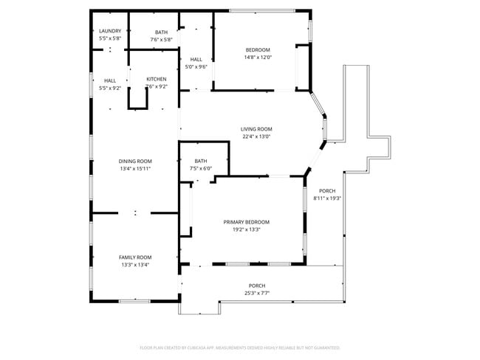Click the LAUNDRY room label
click(110, 31)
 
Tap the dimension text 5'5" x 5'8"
click(110, 38)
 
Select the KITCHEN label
click(156, 79)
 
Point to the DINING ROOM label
click(135, 161)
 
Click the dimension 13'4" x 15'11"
click(135, 169)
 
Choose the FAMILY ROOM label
click(134, 257)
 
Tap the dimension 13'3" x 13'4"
click(134, 265)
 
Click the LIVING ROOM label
click(256, 129)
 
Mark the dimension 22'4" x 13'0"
click(256, 136)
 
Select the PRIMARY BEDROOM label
click(247, 222)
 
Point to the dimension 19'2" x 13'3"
click(247, 229)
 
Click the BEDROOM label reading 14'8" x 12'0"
click(258, 49)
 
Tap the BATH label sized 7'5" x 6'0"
click(201, 161)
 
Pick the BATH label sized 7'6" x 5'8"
click(161, 32)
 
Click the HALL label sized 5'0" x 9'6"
click(196, 59)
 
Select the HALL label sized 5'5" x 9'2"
click(110, 80)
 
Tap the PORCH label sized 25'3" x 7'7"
click(257, 285)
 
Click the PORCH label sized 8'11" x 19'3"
click(327, 190)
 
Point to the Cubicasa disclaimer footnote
click(240, 347)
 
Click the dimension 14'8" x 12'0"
click(258, 58)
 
